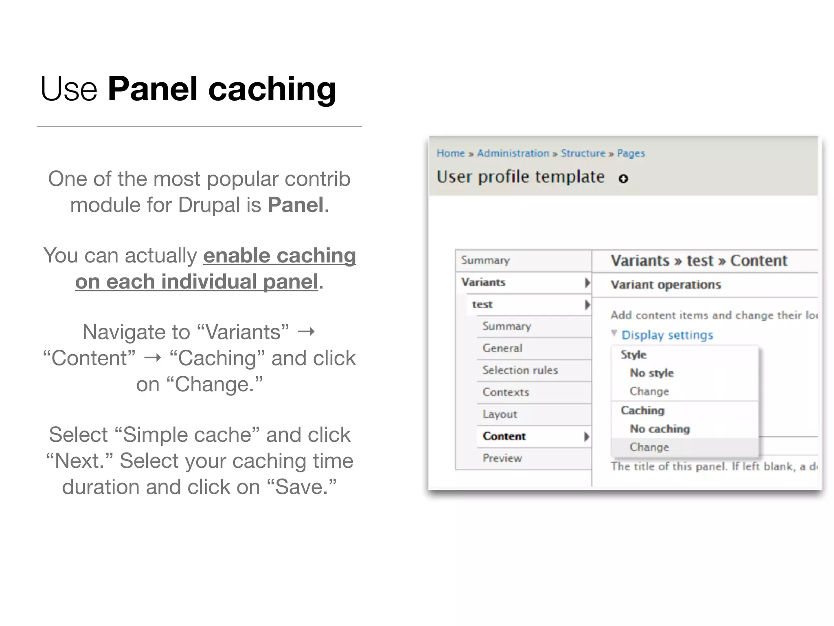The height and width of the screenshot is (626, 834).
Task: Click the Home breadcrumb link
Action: [450, 153]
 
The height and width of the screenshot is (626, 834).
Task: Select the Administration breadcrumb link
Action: [513, 153]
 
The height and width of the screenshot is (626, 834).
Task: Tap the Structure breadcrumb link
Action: [583, 153]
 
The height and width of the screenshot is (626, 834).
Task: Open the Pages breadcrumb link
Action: [631, 153]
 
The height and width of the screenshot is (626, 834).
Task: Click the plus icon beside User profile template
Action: [623, 179]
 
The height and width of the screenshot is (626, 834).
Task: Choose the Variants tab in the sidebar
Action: [483, 282]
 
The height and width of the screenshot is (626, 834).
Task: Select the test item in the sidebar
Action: [482, 304]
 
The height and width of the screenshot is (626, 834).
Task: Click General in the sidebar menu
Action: [502, 348]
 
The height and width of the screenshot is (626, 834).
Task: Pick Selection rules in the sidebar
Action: [520, 370]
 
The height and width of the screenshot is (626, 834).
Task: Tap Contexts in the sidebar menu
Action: [506, 392]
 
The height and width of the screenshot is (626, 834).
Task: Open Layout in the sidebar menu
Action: [500, 414]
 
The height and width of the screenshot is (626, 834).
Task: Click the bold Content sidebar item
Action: [504, 436]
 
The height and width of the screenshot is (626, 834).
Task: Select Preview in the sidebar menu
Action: [502, 458]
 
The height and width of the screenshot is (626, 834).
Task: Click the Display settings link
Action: [667, 335]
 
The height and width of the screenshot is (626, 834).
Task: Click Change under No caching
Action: [649, 447]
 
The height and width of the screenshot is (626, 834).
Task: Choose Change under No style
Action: [649, 391]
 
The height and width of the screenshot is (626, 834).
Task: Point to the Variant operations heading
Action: [666, 284]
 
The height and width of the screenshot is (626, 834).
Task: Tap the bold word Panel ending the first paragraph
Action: [295, 205]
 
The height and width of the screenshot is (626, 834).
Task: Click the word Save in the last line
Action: [301, 487]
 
